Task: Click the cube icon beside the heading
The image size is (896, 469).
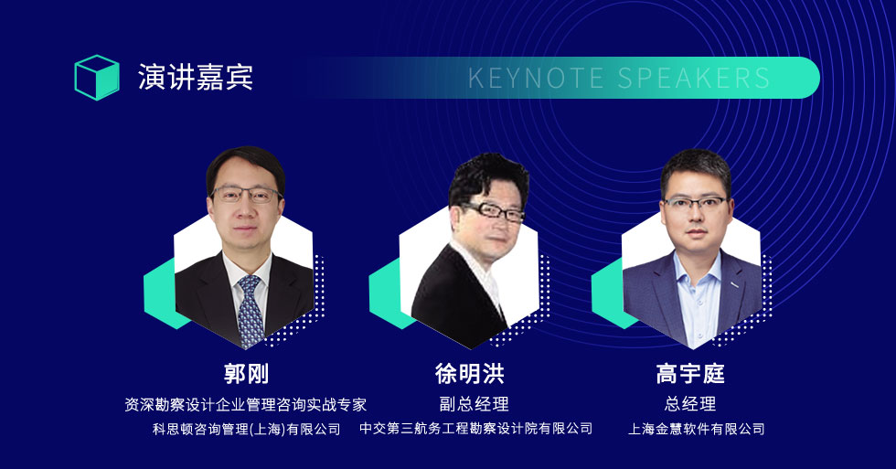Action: tap(97, 78)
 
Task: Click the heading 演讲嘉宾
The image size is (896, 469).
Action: tap(195, 77)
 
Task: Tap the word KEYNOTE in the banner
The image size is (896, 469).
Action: tap(536, 79)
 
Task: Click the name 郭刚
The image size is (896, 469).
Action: tap(246, 374)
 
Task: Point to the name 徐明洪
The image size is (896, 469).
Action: tap(470, 374)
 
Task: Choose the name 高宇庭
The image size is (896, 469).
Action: tap(690, 374)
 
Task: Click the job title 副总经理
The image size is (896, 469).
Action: tap(474, 404)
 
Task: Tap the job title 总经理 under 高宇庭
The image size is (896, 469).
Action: tap(690, 404)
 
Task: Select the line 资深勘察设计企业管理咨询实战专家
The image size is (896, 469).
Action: tap(246, 404)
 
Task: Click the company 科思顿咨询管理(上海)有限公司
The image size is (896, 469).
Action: tap(246, 429)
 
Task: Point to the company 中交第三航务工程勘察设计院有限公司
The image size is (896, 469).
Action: tap(476, 429)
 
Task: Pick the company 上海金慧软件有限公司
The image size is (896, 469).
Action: tap(696, 429)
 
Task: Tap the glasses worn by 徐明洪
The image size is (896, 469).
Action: tap(493, 211)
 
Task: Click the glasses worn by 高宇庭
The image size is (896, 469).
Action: tap(695, 203)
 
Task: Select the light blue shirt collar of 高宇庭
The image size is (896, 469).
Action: tap(697, 269)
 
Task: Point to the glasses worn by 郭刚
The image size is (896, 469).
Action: tap(246, 195)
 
